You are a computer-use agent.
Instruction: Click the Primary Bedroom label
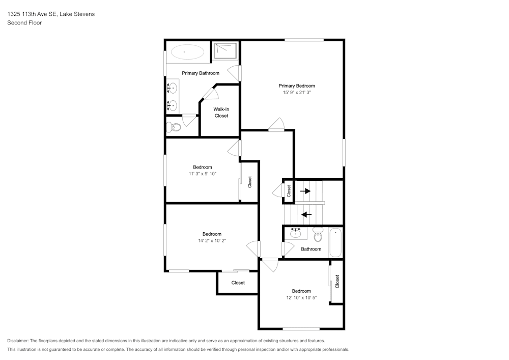click(x=296, y=86)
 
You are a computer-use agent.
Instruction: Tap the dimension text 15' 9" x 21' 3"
click(x=296, y=93)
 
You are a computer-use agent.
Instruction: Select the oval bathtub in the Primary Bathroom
click(x=187, y=51)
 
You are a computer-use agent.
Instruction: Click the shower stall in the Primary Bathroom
click(x=224, y=50)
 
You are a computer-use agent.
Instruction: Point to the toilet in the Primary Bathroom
click(x=174, y=127)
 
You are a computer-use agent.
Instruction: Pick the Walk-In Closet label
click(x=221, y=113)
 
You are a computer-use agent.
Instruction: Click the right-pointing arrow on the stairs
click(x=305, y=191)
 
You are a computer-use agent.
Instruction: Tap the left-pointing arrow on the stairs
click(x=306, y=214)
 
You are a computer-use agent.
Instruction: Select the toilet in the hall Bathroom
click(x=318, y=235)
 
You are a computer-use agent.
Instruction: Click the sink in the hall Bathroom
click(x=296, y=234)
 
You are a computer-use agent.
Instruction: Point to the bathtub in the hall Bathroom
click(x=336, y=243)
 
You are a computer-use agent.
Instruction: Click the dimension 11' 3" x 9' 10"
click(x=202, y=174)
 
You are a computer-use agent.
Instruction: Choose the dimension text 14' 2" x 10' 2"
click(x=212, y=241)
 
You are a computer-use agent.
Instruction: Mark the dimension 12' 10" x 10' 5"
click(x=301, y=298)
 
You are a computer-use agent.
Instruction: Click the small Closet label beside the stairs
click(x=289, y=191)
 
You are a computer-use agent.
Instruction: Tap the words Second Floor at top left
click(x=24, y=23)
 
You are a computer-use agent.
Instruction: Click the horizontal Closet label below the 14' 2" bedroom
click(x=238, y=283)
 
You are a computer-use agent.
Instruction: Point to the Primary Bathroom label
click(x=201, y=73)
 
